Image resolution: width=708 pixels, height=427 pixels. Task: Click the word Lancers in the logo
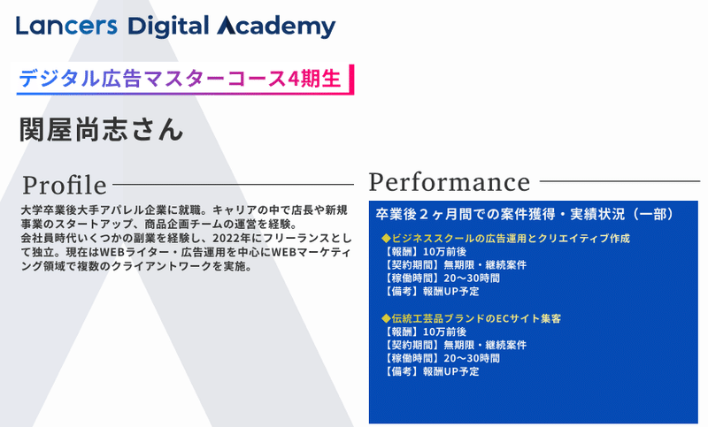pos(66,27)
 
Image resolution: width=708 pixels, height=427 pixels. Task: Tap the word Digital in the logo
pos(168,27)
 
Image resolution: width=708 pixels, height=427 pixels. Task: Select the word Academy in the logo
pos(276,27)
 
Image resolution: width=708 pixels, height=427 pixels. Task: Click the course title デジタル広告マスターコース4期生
pos(180,79)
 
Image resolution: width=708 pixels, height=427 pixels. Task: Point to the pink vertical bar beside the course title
pos(351,80)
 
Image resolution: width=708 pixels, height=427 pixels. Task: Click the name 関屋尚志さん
pos(101,130)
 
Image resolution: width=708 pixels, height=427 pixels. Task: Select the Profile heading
pos(65,186)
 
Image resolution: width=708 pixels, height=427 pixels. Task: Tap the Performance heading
pos(450,182)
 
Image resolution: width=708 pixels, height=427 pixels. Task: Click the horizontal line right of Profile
pos(233,185)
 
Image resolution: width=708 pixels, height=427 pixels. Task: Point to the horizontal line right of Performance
pos(620,181)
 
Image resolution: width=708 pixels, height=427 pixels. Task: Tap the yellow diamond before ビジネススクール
pos(386,238)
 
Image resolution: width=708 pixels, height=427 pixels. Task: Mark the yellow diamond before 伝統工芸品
pos(386,318)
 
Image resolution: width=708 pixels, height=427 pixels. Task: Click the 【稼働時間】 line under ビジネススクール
pos(441,278)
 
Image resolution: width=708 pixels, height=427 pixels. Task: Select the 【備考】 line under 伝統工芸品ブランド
pos(431,371)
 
